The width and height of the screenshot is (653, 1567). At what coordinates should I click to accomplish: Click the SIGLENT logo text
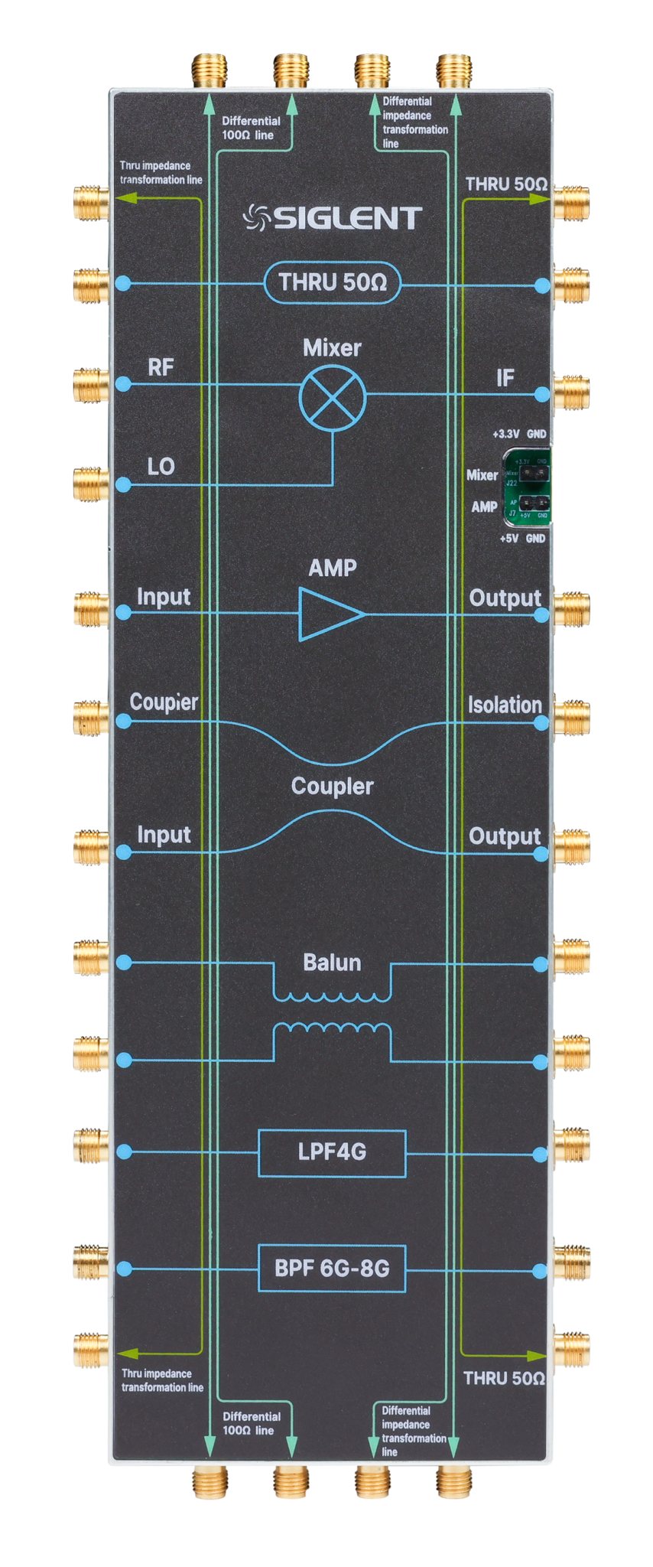pos(333,218)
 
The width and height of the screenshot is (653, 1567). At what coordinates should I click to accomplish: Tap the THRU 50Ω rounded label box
pos(333,283)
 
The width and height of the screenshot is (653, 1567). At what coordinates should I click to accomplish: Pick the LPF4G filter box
pos(332,1152)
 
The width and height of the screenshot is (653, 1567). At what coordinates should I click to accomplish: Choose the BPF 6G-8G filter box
pos(332,1269)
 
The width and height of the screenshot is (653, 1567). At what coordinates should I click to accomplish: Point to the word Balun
pos(332,963)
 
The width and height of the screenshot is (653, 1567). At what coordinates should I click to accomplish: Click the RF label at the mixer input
pos(161,367)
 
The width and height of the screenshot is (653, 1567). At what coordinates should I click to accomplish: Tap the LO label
pos(161,466)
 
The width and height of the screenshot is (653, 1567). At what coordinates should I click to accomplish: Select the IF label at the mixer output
pos(505,378)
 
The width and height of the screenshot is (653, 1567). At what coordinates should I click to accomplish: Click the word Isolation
pos(505,705)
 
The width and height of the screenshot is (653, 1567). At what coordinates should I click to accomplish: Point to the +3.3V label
pos(506,434)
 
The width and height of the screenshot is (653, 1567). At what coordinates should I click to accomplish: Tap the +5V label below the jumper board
pos(509,538)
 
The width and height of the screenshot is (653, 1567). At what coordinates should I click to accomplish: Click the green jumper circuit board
pos(528,487)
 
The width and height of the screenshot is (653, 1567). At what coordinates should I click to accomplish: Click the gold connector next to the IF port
pos(570,393)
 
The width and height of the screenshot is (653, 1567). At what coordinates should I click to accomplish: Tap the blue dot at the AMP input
pos(124,612)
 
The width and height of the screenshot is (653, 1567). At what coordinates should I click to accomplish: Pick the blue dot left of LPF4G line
pos(124,1152)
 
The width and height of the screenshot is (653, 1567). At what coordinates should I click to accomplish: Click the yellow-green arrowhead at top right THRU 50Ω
pos(541,199)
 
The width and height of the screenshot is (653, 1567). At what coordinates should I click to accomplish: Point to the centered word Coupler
pos(332,787)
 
